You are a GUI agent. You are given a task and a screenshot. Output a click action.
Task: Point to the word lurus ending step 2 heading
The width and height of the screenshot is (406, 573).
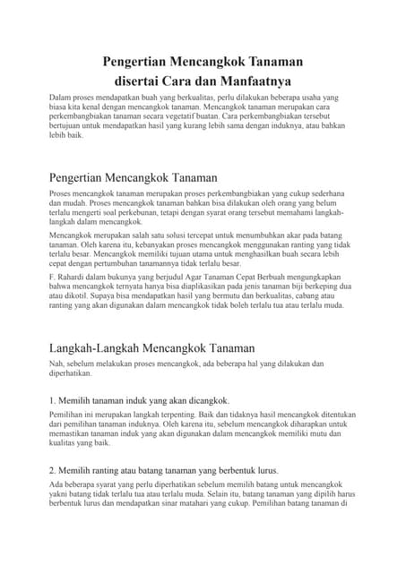pos(266,469)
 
